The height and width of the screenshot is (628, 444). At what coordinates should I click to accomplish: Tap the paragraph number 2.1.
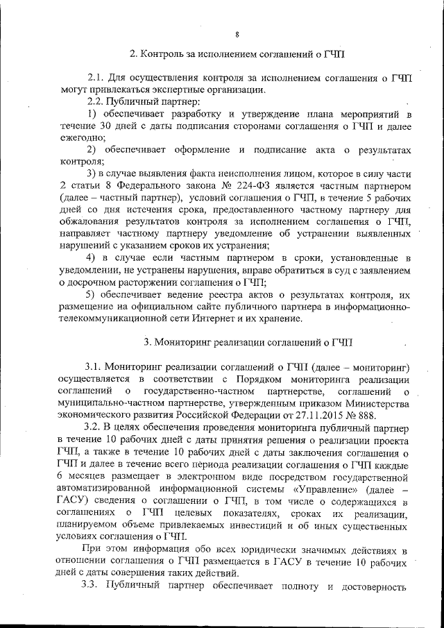(x=95, y=78)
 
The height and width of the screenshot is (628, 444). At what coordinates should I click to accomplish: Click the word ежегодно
(x=82, y=137)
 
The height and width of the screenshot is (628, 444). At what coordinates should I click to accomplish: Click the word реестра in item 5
(x=225, y=294)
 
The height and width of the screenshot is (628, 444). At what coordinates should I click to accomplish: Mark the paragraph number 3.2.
(x=94, y=428)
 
